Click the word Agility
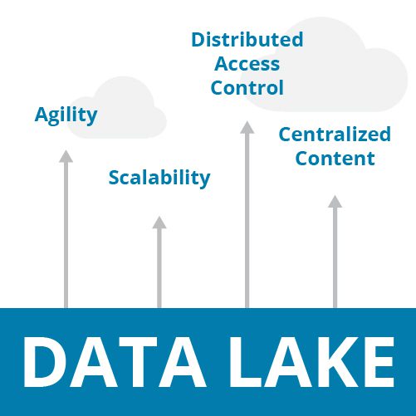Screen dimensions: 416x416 (x=66, y=115)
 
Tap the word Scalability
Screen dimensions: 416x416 (x=159, y=178)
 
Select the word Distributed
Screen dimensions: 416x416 (x=247, y=40)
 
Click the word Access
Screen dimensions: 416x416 (x=247, y=64)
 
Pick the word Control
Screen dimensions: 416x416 (x=247, y=87)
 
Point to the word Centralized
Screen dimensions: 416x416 (x=335, y=135)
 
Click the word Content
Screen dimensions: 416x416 (x=335, y=159)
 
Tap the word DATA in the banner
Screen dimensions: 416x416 (x=115, y=361)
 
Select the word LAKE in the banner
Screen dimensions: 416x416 (x=311, y=361)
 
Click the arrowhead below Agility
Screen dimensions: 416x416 (x=66, y=156)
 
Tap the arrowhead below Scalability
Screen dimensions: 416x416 (x=159, y=223)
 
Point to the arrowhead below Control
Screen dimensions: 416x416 (x=247, y=127)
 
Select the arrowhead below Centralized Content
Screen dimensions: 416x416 (x=335, y=202)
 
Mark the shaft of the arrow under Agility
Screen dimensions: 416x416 (x=66, y=235)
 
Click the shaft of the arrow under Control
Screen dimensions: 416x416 (x=247, y=221)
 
